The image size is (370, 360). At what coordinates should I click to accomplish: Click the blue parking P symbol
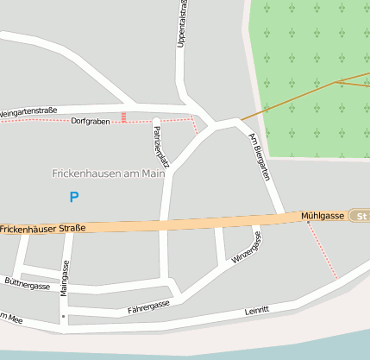(x=74, y=197)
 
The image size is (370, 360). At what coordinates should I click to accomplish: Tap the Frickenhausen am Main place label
(x=108, y=173)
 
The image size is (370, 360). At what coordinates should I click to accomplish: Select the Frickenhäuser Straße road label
(x=42, y=229)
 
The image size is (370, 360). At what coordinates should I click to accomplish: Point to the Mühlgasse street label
(x=323, y=215)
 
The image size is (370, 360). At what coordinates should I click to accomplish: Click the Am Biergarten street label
(x=259, y=156)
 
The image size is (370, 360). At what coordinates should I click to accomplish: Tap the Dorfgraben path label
(x=91, y=121)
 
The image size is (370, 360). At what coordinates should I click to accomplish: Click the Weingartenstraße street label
(x=28, y=111)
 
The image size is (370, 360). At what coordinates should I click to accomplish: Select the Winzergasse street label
(x=245, y=251)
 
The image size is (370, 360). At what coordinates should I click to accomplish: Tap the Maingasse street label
(x=64, y=278)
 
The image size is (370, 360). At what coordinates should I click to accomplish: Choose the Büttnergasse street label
(x=27, y=284)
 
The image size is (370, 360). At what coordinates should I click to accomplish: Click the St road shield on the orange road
(x=361, y=216)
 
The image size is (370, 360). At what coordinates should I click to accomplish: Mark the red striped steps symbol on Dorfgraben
(x=124, y=117)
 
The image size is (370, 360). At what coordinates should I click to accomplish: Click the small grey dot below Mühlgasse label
(x=308, y=222)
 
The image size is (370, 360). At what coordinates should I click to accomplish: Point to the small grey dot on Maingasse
(x=63, y=316)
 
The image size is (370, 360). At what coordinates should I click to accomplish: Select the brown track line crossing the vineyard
(x=293, y=98)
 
